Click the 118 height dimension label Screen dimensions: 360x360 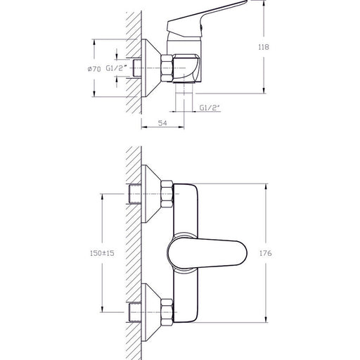[264, 47]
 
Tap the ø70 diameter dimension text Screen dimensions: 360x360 [94, 69]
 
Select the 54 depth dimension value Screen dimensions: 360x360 [162, 123]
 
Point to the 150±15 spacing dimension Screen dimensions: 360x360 [102, 253]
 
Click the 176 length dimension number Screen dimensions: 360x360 [266, 253]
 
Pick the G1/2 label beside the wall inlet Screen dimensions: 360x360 [117, 68]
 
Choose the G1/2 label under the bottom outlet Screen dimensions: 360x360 [210, 108]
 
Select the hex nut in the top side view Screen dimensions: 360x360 [167, 68]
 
